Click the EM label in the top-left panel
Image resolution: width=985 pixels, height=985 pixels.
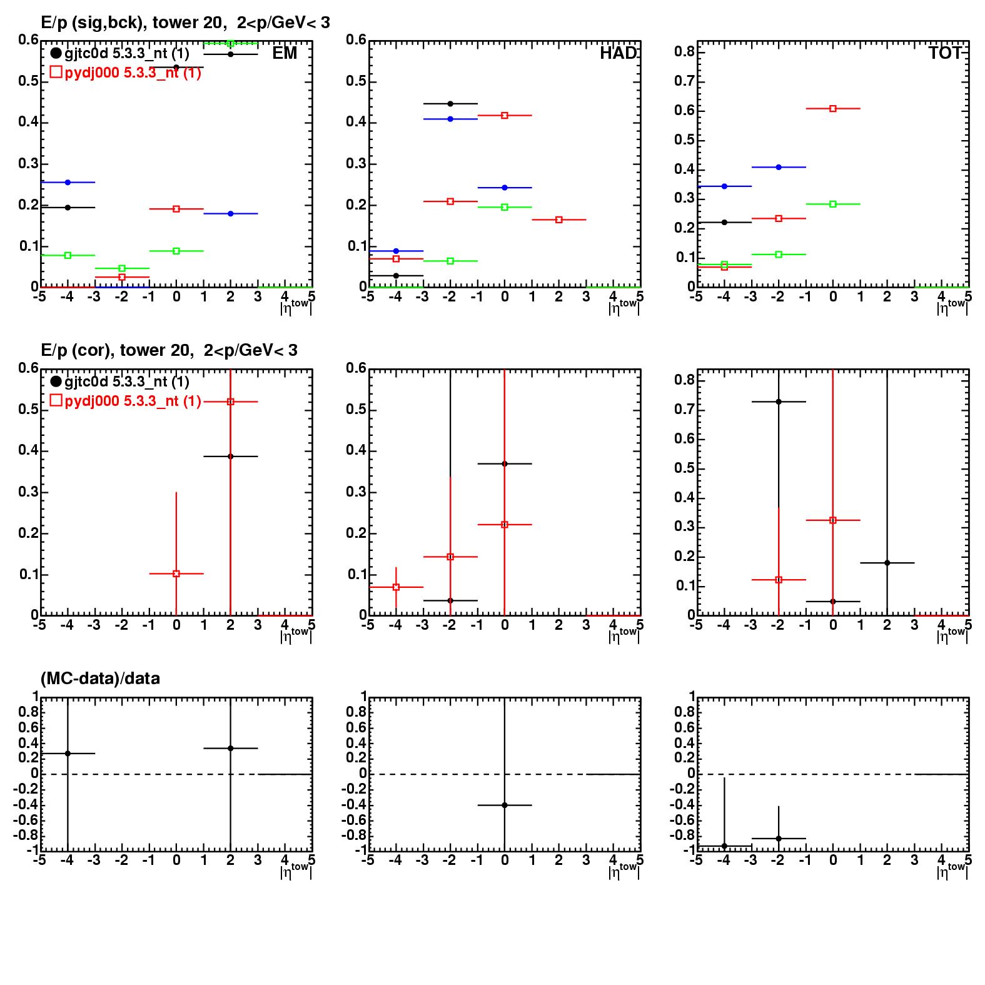click(285, 53)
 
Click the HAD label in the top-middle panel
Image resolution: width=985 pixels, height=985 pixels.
click(618, 53)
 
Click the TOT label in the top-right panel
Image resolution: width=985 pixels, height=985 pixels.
click(946, 53)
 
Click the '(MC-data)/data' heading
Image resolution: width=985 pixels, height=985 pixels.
click(100, 678)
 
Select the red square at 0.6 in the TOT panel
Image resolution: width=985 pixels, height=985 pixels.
click(833, 109)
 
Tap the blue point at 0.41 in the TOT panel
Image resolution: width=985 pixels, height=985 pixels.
click(779, 167)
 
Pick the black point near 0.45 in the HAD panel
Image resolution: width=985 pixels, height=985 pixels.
click(450, 104)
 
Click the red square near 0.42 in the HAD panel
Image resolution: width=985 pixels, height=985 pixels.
click(505, 115)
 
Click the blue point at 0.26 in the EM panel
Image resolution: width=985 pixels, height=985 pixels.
click(68, 182)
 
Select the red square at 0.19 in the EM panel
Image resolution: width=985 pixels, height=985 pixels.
click(176, 209)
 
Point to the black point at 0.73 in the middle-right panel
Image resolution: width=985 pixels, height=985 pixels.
click(779, 402)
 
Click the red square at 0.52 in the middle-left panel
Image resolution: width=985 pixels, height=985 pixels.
click(231, 402)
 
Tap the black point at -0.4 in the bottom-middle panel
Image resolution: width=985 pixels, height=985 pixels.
click(505, 805)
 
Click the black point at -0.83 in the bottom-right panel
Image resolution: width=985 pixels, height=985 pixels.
click(779, 838)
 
